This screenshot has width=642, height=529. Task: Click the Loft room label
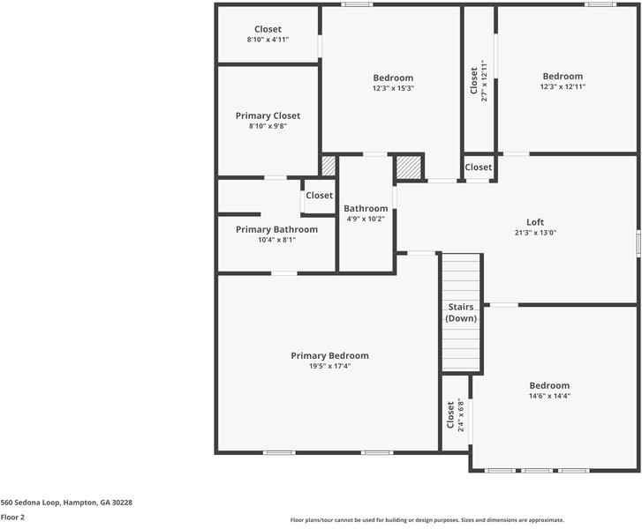(x=535, y=222)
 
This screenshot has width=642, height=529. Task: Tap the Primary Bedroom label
(x=329, y=355)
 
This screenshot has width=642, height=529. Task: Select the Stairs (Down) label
(x=461, y=313)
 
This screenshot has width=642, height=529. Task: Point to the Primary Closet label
(x=268, y=115)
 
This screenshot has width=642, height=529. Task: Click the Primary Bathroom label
(x=276, y=229)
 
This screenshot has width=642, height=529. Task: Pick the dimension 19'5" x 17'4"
(x=329, y=366)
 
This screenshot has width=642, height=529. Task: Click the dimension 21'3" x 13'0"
(x=535, y=233)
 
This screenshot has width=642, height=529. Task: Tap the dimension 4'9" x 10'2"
(x=366, y=219)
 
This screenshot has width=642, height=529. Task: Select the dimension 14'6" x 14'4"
(x=549, y=396)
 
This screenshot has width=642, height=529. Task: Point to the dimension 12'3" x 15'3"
(x=393, y=88)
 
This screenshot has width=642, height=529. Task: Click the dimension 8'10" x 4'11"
(x=268, y=40)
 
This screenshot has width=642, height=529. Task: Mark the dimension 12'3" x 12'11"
(x=563, y=86)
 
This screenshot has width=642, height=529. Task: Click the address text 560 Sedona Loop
(x=30, y=503)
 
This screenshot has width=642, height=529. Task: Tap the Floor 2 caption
(x=12, y=518)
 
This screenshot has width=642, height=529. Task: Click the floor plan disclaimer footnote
(x=427, y=520)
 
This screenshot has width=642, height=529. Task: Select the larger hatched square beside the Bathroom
(x=409, y=168)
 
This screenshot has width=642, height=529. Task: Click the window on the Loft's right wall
(x=638, y=242)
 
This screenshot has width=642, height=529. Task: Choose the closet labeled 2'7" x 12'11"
(x=479, y=80)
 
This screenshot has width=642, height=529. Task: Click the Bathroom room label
(x=366, y=208)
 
